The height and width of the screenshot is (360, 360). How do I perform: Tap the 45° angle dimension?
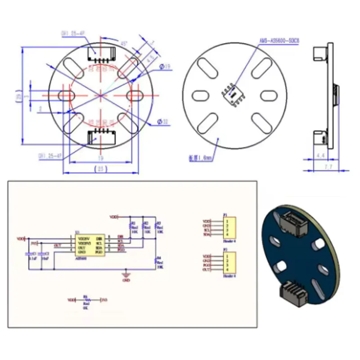123,43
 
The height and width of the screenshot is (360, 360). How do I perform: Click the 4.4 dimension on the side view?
320,155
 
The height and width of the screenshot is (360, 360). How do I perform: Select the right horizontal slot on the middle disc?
267,96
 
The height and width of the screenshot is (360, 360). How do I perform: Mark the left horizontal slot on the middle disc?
200,95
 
